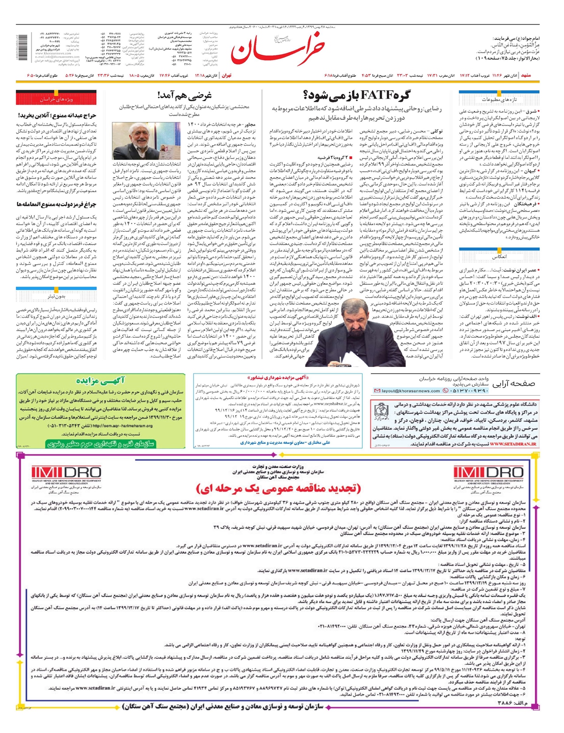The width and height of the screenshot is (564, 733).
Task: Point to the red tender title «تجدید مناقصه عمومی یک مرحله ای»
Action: click(x=278, y=489)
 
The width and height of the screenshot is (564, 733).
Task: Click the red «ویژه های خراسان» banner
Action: click(x=56, y=100)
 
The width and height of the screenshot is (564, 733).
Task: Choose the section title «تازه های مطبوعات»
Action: click(x=499, y=100)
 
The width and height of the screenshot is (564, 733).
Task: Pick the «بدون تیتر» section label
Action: click(x=56, y=296)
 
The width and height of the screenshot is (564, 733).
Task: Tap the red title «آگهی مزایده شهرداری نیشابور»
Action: click(x=278, y=377)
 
